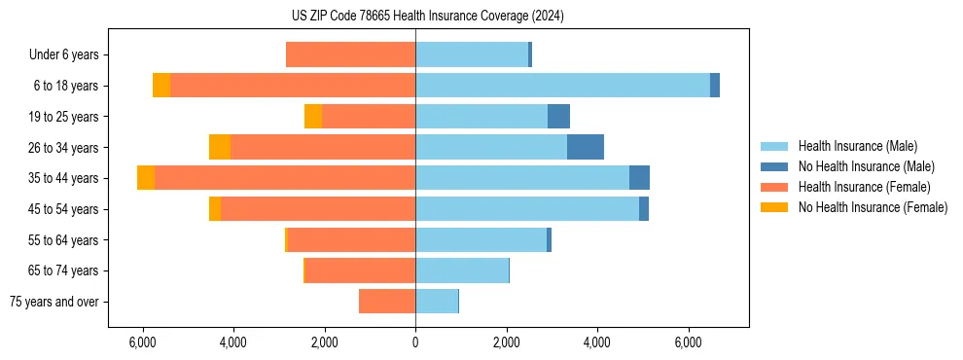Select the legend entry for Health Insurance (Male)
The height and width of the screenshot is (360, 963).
(857, 146)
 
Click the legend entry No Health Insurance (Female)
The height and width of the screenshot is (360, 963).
(873, 207)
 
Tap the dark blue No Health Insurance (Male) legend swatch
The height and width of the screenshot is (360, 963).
(775, 166)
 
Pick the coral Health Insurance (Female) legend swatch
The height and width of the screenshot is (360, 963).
(775, 187)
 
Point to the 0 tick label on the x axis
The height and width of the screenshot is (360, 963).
(415, 342)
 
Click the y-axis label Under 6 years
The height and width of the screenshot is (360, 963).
(63, 54)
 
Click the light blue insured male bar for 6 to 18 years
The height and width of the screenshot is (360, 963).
(562, 86)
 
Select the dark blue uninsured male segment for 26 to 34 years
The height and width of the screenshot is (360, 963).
(586, 147)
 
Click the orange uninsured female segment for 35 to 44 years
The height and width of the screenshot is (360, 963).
(146, 178)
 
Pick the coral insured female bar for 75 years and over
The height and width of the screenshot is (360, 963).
(387, 302)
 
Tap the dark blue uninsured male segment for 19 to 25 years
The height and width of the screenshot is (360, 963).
(558, 117)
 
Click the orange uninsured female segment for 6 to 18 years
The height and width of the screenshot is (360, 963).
(161, 86)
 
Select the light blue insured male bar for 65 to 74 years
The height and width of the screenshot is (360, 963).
(462, 270)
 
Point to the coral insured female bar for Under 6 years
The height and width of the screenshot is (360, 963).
(350, 54)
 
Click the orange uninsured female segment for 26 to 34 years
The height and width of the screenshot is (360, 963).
(220, 147)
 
